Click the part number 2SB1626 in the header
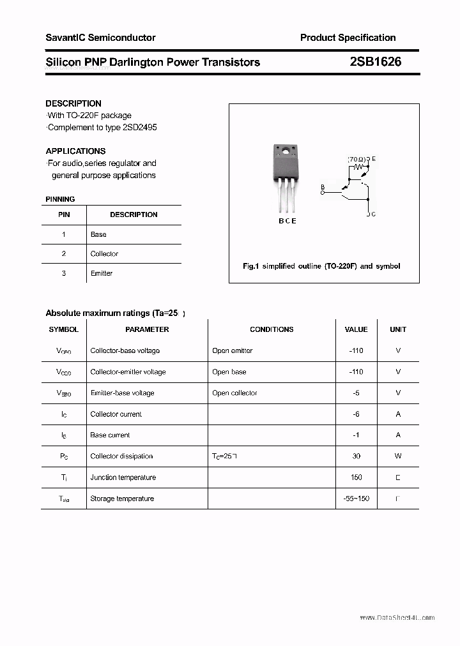(x=375, y=62)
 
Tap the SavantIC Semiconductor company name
(x=100, y=38)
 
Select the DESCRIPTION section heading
(x=73, y=103)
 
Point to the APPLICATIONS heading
(x=75, y=151)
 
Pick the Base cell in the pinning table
(x=98, y=234)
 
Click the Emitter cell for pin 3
(x=102, y=273)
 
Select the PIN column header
(x=64, y=214)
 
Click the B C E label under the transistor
(x=287, y=221)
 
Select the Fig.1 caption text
(x=321, y=266)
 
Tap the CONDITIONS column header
(x=272, y=329)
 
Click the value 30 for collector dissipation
(x=356, y=456)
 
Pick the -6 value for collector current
(x=356, y=414)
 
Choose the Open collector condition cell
(x=234, y=393)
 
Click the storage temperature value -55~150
(x=356, y=498)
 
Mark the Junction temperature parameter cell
(x=123, y=477)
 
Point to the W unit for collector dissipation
(x=397, y=456)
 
